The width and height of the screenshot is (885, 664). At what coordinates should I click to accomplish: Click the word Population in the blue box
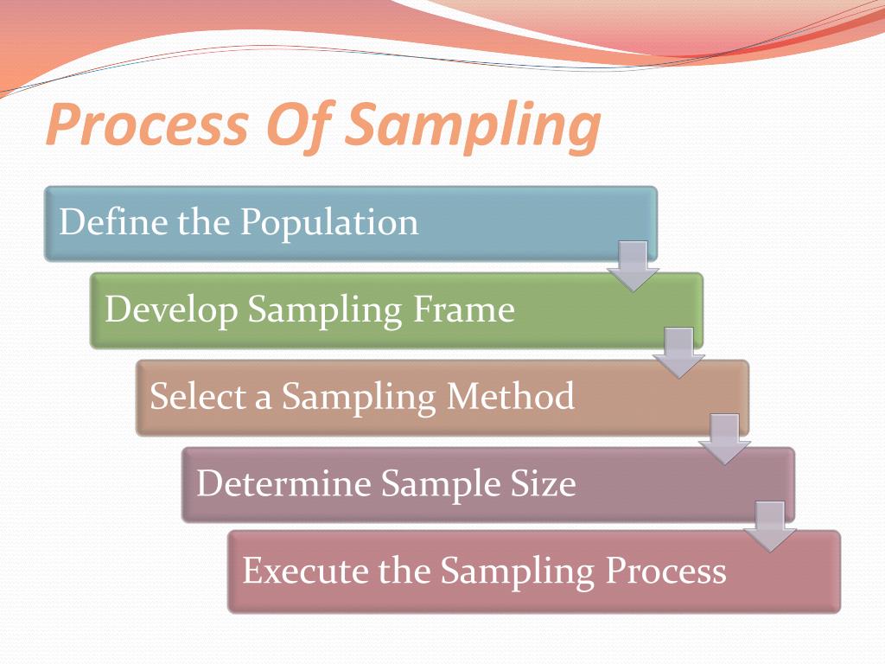[329, 223]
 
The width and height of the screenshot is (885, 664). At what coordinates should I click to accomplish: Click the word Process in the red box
[665, 571]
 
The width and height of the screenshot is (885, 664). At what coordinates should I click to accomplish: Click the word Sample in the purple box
[440, 483]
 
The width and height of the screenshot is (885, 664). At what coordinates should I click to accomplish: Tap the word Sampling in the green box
[316, 310]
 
